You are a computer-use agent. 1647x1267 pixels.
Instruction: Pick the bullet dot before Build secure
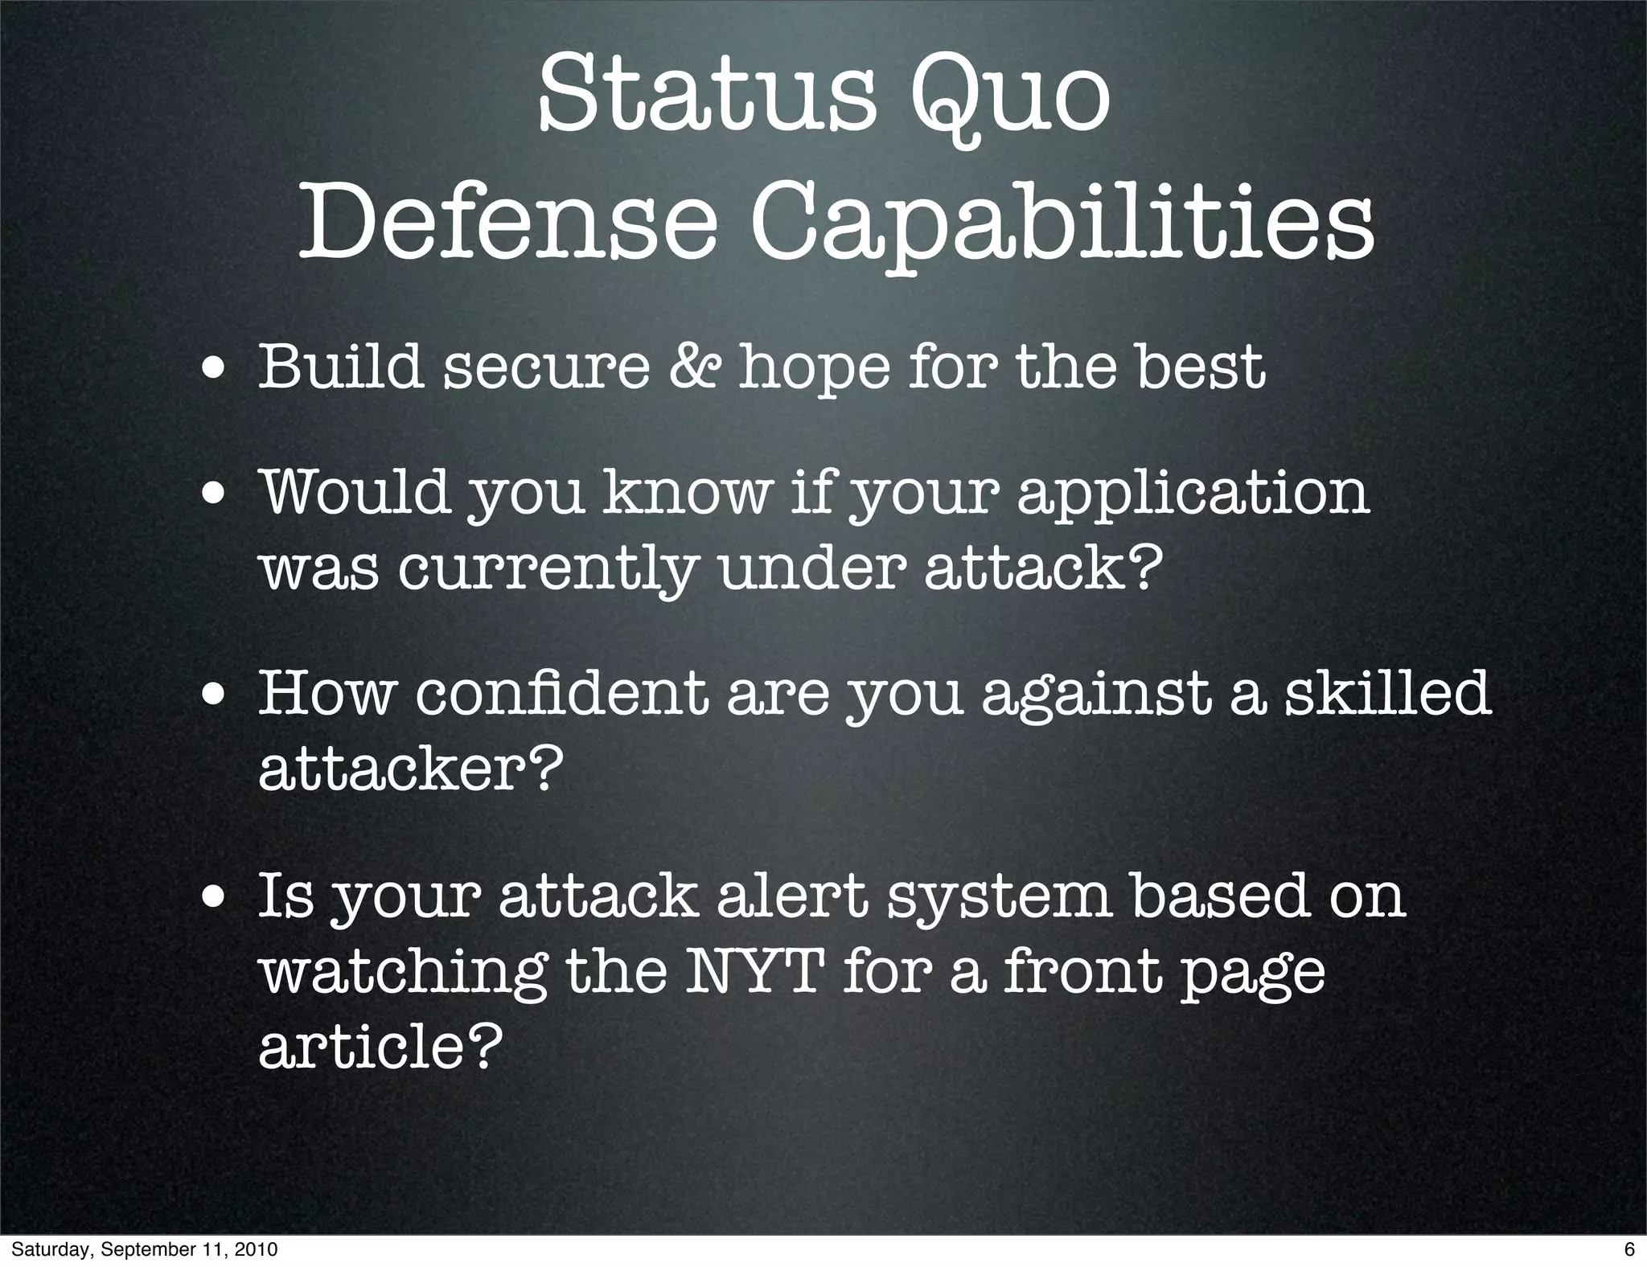click(x=214, y=371)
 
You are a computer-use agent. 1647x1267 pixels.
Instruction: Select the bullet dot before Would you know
click(x=214, y=496)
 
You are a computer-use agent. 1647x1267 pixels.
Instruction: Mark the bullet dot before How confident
click(x=214, y=697)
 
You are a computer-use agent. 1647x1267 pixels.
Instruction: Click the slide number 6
click(x=1629, y=1249)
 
